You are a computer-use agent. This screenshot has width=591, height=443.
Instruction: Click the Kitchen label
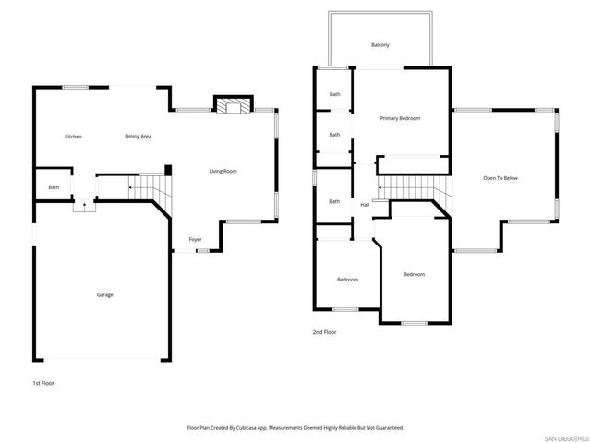pyautogui.click(x=73, y=137)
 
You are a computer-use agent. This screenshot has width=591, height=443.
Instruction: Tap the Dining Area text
pyautogui.click(x=139, y=137)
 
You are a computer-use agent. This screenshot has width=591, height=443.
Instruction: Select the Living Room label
pyautogui.click(x=223, y=171)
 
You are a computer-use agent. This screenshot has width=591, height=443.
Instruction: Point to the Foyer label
pyautogui.click(x=196, y=239)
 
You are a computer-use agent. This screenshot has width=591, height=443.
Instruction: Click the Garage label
pyautogui.click(x=105, y=294)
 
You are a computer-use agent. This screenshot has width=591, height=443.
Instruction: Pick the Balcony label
pyautogui.click(x=380, y=45)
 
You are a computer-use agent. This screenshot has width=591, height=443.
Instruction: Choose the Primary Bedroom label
pyautogui.click(x=400, y=118)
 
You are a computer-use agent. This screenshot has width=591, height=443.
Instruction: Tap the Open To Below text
pyautogui.click(x=501, y=177)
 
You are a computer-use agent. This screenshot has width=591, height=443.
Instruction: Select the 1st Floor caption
pyautogui.click(x=43, y=382)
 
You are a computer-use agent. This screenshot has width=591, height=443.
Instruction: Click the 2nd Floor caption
pyautogui.click(x=324, y=332)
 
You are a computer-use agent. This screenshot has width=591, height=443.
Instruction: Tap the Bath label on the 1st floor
pyautogui.click(x=54, y=187)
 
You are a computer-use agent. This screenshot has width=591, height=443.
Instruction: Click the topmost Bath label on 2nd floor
pyautogui.click(x=334, y=94)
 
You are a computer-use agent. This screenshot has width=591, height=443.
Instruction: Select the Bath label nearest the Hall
pyautogui.click(x=334, y=201)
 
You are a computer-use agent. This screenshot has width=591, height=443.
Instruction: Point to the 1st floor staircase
pyautogui.click(x=148, y=189)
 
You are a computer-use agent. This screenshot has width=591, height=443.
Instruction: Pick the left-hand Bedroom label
pyautogui.click(x=347, y=279)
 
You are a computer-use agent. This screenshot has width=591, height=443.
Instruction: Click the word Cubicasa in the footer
pyautogui.click(x=254, y=427)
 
